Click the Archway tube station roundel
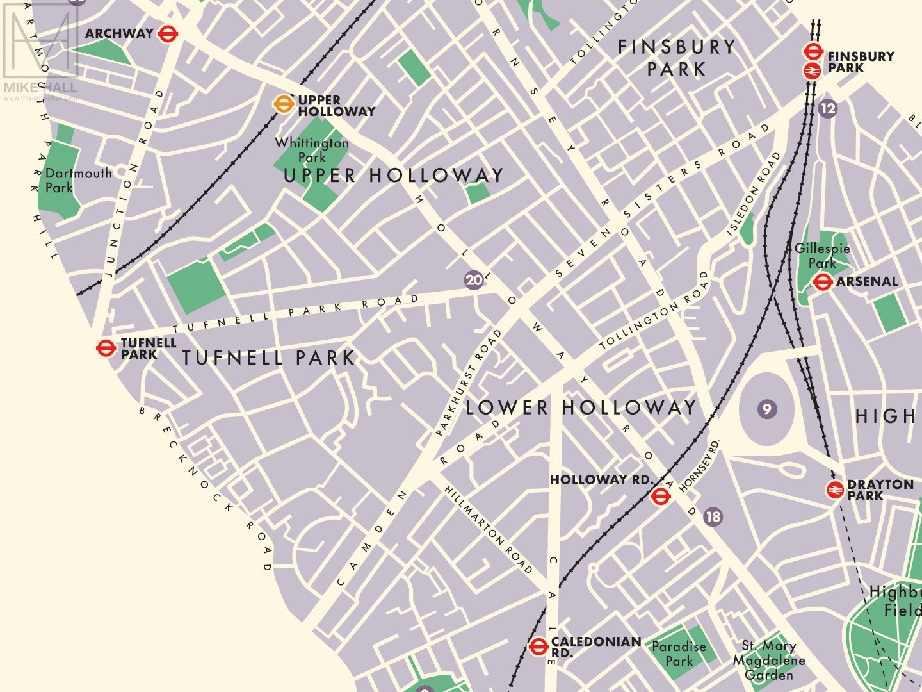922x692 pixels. click(x=167, y=33)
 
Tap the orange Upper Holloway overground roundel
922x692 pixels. click(x=282, y=104)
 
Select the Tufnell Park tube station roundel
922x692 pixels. click(x=106, y=348)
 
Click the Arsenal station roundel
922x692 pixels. click(x=822, y=281)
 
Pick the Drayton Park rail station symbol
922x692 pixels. click(x=834, y=490)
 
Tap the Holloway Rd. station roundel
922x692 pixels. click(x=660, y=496)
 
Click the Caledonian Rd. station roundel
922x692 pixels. click(x=538, y=647)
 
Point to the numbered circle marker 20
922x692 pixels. click(x=474, y=280)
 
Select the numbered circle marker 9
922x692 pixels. click(x=767, y=409)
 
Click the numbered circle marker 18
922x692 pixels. click(x=713, y=516)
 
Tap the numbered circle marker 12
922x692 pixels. click(x=827, y=108)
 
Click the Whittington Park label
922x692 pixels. click(x=312, y=150)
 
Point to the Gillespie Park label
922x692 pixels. click(x=822, y=256)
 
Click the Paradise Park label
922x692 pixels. click(x=679, y=654)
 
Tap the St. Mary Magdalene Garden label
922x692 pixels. click(x=769, y=660)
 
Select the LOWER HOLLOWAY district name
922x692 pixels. click(x=581, y=408)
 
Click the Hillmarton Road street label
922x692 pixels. click(x=489, y=529)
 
